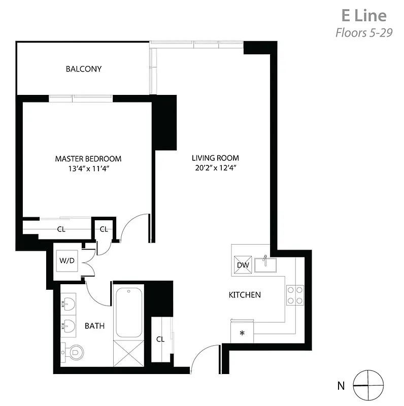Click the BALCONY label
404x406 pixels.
point(84,69)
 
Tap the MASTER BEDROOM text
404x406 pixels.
point(88,159)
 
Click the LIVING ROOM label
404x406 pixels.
point(215,158)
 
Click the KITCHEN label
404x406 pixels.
point(245,295)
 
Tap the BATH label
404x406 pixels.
point(94,326)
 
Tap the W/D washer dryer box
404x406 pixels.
point(67,261)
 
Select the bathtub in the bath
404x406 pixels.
point(129,313)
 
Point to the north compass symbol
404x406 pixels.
point(365,385)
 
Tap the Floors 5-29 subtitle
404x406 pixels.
point(364,33)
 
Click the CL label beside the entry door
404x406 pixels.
point(160,339)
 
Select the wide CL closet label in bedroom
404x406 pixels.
point(61,229)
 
